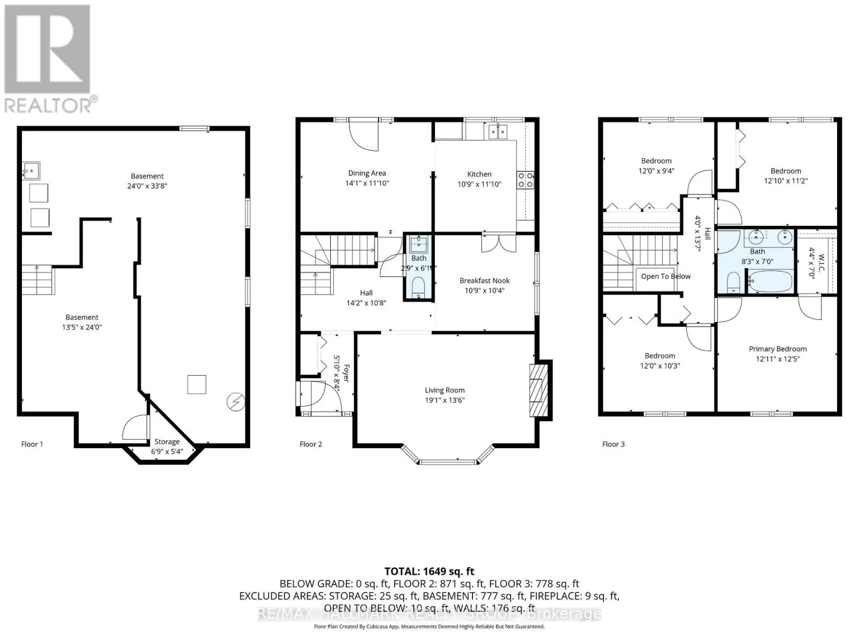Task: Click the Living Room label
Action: (445, 390)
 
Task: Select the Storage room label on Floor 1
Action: (167, 442)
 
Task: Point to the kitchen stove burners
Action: (526, 179)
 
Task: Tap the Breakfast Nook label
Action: (484, 281)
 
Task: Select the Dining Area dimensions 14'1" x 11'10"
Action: (367, 183)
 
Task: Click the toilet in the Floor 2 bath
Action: (419, 288)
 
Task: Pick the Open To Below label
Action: (666, 276)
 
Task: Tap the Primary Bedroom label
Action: (777, 349)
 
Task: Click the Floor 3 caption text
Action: (613, 444)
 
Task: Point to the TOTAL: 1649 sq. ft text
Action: (429, 572)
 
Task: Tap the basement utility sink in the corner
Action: (31, 171)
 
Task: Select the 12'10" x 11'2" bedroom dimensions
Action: (785, 181)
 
